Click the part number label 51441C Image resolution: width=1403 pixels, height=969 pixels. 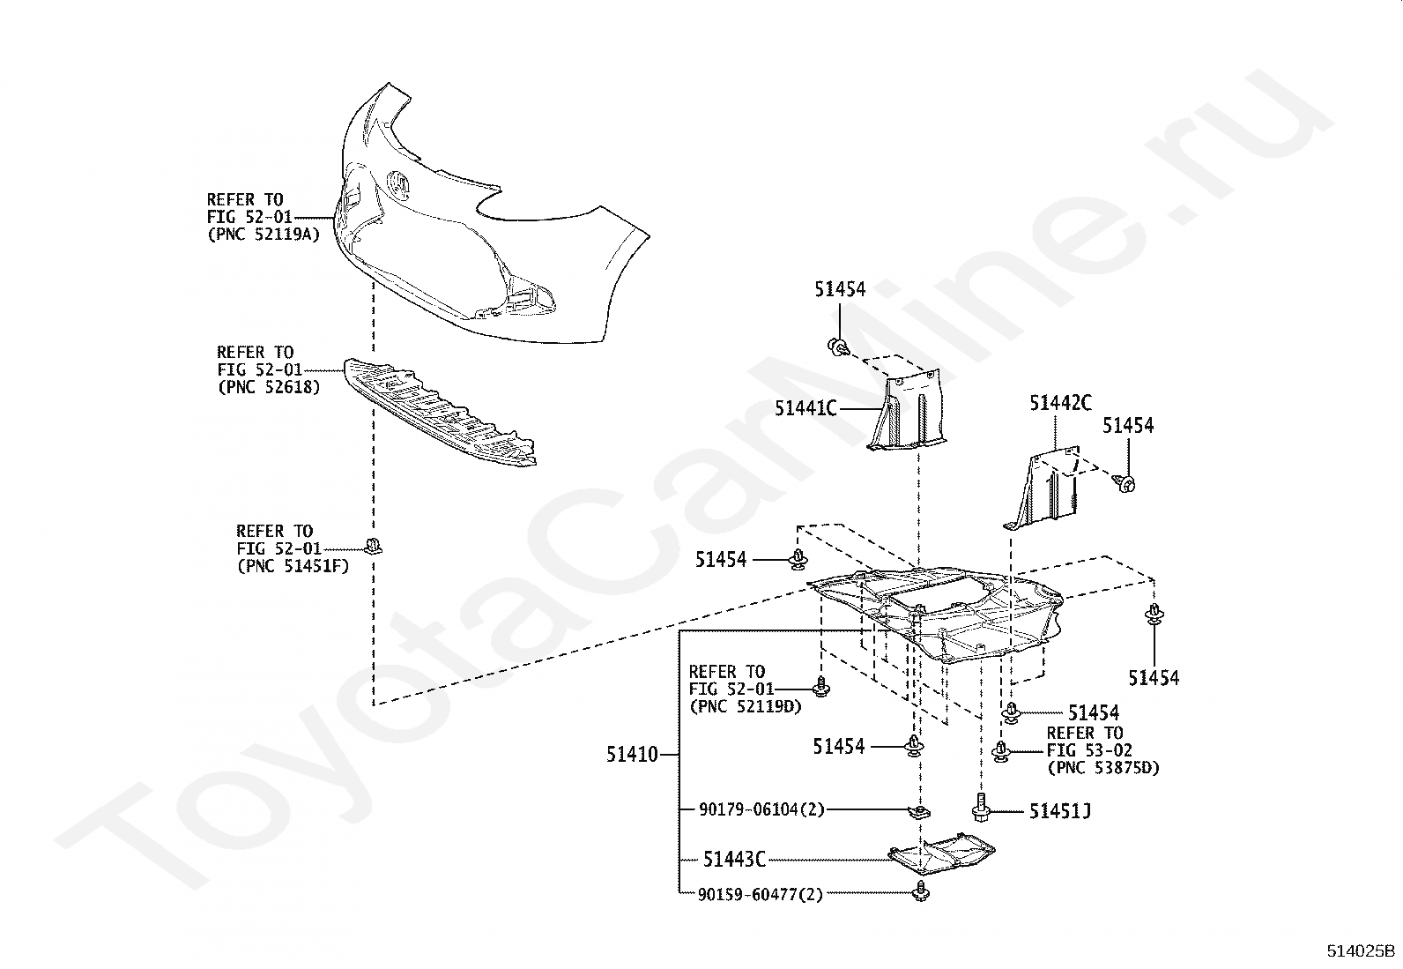(805, 408)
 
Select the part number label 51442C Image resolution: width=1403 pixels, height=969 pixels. (1059, 404)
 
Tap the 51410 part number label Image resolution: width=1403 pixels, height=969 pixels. (632, 755)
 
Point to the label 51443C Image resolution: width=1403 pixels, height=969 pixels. (734, 859)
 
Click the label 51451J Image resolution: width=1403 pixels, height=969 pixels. (1059, 810)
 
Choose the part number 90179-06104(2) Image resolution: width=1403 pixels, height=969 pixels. (761, 809)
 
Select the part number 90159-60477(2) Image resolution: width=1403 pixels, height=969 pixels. (760, 894)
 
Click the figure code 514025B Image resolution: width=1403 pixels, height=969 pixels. (1362, 951)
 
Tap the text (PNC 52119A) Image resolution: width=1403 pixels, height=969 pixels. (264, 235)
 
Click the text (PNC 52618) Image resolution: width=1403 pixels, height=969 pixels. (269, 387)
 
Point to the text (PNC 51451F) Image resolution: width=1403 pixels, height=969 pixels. (293, 566)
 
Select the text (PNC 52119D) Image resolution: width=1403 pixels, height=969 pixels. (745, 706)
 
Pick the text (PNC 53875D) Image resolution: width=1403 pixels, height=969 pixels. (1103, 768)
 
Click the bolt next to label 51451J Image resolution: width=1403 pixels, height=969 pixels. (981, 807)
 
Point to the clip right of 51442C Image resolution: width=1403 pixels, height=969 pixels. (1125, 482)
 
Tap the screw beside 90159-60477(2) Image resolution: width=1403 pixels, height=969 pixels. (923, 891)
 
